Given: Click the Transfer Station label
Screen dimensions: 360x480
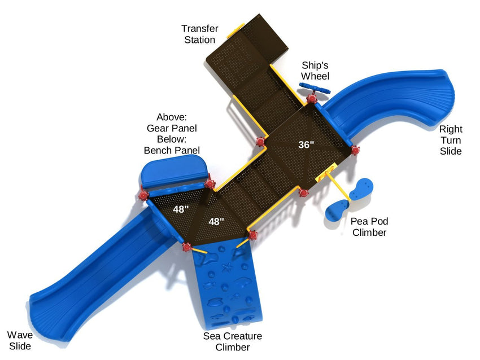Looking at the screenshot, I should (198, 34).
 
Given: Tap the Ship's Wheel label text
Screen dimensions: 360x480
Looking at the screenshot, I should (315, 70).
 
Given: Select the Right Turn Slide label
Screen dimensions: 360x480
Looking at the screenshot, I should (451, 140).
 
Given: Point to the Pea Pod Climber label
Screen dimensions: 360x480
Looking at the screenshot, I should (369, 226).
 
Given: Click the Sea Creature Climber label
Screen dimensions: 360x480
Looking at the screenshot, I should (232, 341).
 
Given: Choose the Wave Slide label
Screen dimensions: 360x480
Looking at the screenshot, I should (19, 340).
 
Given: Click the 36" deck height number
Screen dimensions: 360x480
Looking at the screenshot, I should (306, 144).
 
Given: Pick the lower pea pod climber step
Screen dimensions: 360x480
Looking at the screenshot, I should (337, 210).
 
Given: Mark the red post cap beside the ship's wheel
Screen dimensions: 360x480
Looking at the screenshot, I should (311, 99).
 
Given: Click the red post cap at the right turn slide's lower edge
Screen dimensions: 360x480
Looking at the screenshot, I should (355, 150).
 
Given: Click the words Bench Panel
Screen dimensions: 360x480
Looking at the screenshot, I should (172, 150).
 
